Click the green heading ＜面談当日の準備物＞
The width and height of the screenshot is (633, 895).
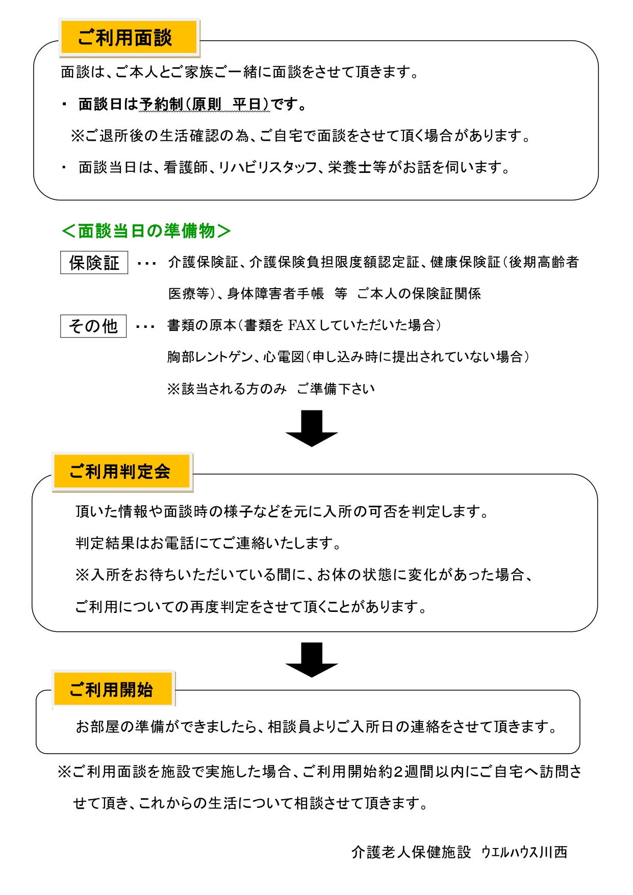pos(146,231)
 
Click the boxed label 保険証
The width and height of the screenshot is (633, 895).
pos(94,263)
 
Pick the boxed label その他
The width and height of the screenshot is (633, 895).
pos(93,326)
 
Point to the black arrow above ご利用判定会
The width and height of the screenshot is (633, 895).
pos(312,428)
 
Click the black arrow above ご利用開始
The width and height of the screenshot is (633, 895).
pos(312,659)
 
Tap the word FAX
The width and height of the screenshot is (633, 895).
pos(302,325)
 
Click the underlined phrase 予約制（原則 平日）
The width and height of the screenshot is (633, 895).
pos(204,104)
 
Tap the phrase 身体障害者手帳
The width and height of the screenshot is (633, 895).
pos(275,294)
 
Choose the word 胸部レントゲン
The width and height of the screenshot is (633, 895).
pos(210,357)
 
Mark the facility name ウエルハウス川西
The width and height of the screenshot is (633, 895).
pos(524,852)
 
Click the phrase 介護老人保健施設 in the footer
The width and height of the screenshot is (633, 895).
pos(411,852)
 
